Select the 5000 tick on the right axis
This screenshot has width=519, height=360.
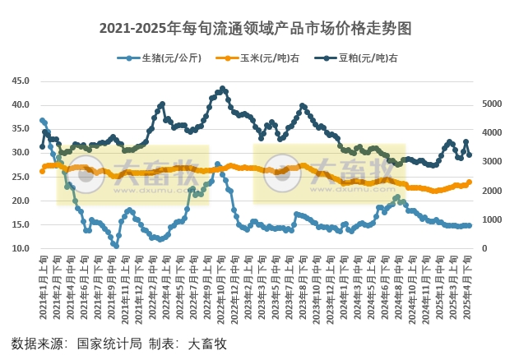[491, 104]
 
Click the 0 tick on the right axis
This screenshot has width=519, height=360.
[483, 248]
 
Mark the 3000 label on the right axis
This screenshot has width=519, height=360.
[491, 162]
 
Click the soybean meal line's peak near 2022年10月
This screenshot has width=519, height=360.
[222, 89]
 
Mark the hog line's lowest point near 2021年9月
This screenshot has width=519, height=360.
[116, 246]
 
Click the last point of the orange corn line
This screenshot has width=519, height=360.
[469, 182]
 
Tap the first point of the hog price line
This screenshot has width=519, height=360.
[42, 120]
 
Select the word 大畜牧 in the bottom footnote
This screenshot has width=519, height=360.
[207, 344]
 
